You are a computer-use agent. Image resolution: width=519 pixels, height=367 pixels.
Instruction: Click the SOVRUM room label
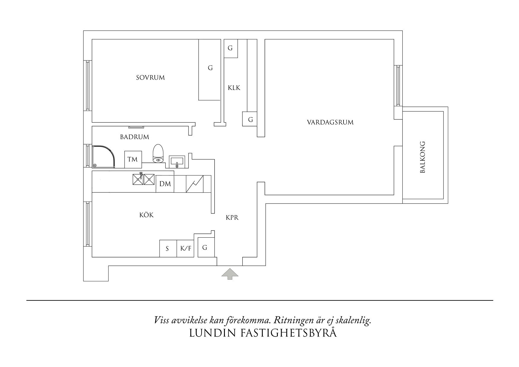(150, 78)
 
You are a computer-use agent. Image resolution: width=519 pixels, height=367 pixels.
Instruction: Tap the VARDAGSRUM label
(330, 122)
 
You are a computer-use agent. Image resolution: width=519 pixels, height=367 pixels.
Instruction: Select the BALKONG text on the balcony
(423, 157)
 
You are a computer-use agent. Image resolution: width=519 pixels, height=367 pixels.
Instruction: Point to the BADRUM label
(135, 137)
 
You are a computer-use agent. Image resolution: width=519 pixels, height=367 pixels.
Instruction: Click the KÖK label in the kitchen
(146, 215)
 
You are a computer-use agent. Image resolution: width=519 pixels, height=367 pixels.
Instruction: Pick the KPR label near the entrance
(232, 218)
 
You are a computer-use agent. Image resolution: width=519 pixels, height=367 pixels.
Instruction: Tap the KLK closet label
(234, 88)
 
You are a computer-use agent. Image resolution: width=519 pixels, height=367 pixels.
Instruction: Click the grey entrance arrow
(230, 274)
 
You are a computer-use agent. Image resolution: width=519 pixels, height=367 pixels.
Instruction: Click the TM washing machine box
(133, 160)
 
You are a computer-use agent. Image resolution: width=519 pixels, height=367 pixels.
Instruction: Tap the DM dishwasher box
(165, 184)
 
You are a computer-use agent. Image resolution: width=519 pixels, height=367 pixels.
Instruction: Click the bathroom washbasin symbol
(177, 162)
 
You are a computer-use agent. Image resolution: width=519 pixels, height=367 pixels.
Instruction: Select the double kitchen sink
(144, 179)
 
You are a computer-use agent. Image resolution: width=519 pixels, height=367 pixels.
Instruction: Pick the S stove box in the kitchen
(167, 249)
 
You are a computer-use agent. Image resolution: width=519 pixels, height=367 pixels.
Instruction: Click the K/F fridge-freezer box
(186, 249)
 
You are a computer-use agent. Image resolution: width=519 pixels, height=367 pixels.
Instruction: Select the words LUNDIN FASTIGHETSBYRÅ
(262, 333)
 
